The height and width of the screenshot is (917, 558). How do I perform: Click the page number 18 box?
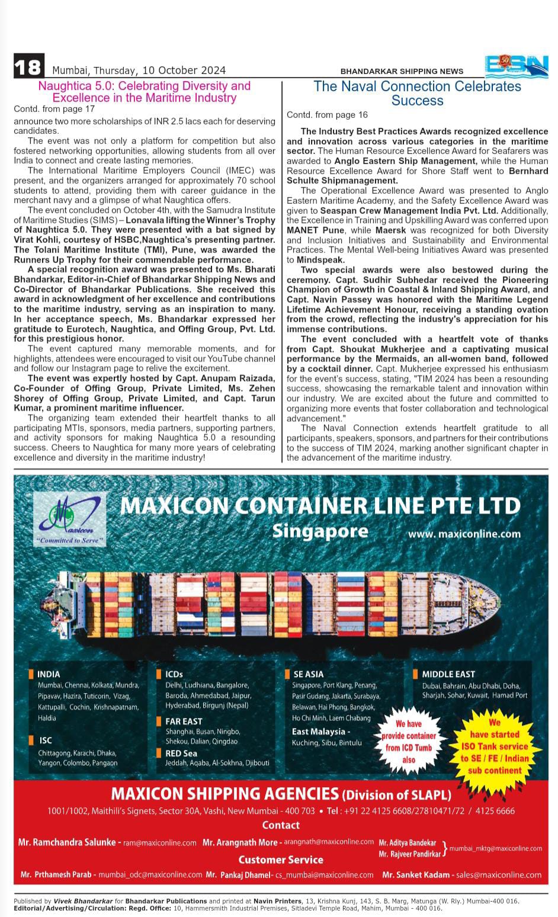28,66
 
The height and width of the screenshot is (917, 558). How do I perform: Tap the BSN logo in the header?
517,66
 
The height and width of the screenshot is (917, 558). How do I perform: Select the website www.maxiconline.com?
464,534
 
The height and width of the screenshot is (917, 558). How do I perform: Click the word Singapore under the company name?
320,531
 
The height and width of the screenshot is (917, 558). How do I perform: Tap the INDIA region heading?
48,674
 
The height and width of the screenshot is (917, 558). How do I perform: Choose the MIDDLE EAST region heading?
448,674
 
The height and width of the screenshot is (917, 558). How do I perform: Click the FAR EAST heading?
184,721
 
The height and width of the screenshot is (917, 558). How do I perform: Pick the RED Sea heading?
181,753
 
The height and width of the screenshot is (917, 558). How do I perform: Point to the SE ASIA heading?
308,674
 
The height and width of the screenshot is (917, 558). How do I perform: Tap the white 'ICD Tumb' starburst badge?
409,741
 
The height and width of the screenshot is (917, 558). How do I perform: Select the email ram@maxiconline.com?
159,842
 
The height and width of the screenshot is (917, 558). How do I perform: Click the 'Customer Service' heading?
281,860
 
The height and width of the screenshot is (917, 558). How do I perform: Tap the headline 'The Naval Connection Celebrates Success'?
417,93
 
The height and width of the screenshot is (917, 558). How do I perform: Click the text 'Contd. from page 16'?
327,115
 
